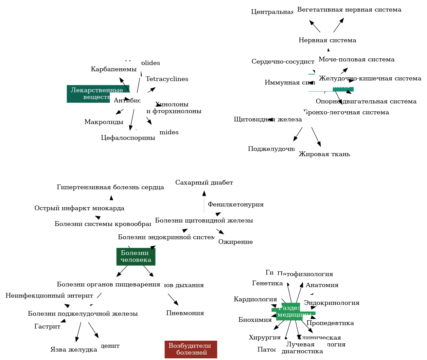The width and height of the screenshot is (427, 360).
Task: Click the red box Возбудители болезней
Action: (191, 349)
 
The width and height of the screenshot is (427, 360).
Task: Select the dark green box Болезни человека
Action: (136, 257)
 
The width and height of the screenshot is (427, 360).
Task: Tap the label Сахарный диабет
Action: (204, 183)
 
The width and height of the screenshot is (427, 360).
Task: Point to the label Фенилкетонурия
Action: (236, 204)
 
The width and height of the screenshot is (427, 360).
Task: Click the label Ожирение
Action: (235, 242)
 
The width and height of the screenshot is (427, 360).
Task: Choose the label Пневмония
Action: (185, 313)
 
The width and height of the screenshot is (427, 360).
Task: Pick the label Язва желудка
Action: (74, 349)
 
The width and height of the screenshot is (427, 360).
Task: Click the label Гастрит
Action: (48, 326)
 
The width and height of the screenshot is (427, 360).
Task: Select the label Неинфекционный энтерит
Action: (49, 296)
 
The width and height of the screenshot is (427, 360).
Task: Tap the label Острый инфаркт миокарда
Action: (79, 208)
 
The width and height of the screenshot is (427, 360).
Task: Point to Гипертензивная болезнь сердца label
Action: (110, 187)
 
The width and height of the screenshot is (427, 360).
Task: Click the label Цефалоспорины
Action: (128, 138)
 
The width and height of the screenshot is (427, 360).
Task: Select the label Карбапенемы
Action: (114, 69)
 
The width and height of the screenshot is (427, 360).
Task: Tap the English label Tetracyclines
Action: (167, 79)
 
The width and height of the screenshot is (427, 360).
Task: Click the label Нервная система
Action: (327, 40)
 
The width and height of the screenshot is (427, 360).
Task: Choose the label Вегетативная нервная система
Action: (349, 10)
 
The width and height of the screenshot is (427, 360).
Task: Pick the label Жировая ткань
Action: (324, 154)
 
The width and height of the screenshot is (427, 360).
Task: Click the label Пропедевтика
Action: (330, 323)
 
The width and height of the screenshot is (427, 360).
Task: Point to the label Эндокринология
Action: (332, 303)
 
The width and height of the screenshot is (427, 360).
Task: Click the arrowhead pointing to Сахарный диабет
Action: (204, 193)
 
